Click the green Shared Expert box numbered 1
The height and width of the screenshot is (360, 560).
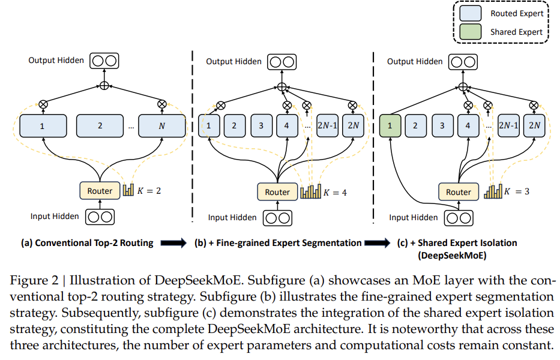click(x=390, y=126)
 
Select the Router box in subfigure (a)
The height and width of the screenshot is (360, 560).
click(x=100, y=191)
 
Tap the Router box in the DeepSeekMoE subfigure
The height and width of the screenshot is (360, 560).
click(x=459, y=192)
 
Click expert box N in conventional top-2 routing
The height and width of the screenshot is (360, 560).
click(x=162, y=126)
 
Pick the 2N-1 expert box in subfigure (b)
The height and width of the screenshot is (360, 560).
click(x=328, y=126)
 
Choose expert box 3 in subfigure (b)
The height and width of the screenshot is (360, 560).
click(x=261, y=126)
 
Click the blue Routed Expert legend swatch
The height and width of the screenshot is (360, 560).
click(x=471, y=13)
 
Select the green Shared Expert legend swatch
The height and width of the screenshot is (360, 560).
click(x=471, y=32)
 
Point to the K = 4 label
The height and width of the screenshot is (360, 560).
click(x=335, y=193)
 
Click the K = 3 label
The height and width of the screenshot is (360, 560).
click(x=517, y=192)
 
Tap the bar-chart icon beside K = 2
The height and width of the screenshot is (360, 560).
click(x=128, y=190)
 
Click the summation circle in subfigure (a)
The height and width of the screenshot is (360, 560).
click(x=104, y=86)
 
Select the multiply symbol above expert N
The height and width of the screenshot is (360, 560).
click(x=162, y=104)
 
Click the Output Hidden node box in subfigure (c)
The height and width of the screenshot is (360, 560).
click(x=463, y=62)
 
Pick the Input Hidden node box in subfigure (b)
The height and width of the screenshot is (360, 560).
click(x=277, y=218)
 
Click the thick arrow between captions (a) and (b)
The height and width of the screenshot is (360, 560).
click(x=173, y=243)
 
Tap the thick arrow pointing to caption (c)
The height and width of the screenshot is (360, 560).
click(x=378, y=243)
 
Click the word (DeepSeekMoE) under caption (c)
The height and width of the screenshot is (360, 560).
click(x=452, y=256)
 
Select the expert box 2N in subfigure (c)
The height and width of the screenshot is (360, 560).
click(x=534, y=126)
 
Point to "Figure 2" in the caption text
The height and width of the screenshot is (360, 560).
click(x=34, y=280)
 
